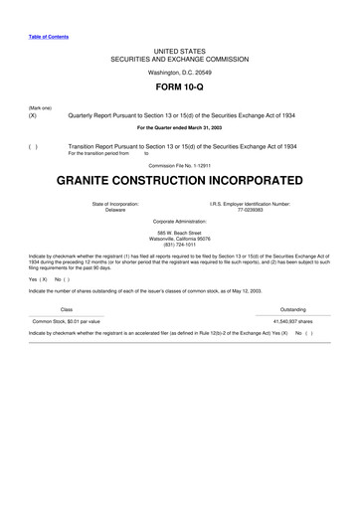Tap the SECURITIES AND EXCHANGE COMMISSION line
click(179, 56)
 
